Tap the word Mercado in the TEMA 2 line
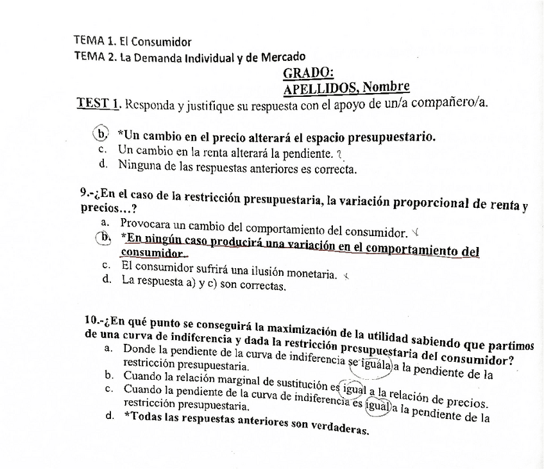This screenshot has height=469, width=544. click(x=278, y=57)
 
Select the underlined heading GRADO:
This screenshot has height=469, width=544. click(x=308, y=73)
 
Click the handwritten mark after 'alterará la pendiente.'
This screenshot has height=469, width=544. click(x=340, y=153)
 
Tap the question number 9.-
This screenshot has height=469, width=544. click(x=88, y=192)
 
